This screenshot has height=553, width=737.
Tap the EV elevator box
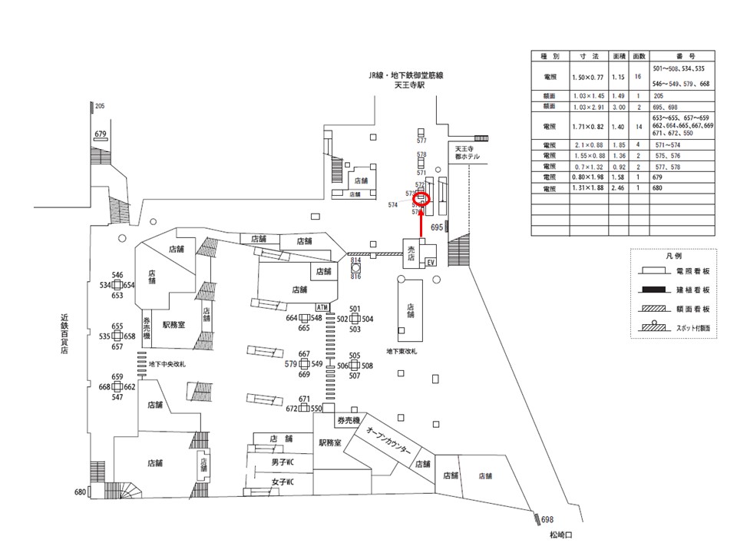click(431, 261)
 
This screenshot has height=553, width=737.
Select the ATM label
click(322, 307)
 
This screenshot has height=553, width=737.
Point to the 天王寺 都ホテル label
click(467, 152)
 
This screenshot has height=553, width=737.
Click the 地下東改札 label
click(402, 351)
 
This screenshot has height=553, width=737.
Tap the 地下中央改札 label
click(167, 363)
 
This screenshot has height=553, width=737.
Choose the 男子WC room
click(283, 464)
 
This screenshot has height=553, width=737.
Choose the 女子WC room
click(283, 483)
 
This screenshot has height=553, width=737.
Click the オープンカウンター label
click(392, 443)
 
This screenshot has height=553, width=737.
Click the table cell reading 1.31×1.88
click(590, 188)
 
